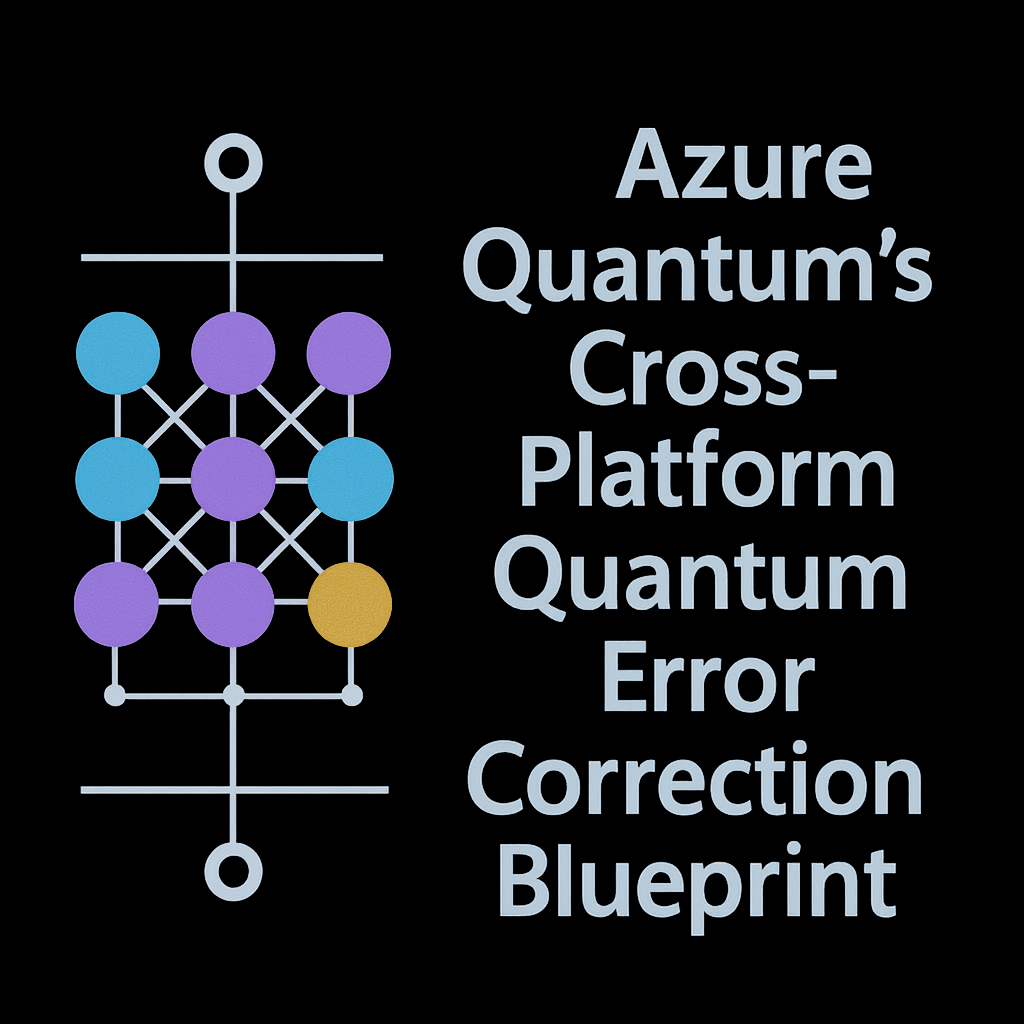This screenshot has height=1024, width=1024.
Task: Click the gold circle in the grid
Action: click(350, 604)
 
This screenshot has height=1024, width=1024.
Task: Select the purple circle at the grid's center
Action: click(233, 479)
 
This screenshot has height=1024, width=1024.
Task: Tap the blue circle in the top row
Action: click(118, 353)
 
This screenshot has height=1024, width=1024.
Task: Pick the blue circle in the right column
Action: click(350, 479)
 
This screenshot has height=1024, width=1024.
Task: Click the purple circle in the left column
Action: click(117, 604)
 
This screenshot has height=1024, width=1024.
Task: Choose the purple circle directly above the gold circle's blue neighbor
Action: click(349, 353)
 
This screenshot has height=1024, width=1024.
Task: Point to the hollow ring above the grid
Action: click(233, 163)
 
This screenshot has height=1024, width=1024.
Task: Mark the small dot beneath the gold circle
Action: click(351, 694)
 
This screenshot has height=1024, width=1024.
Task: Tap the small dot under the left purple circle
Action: click(116, 694)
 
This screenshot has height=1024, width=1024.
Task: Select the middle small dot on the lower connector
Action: click(233, 694)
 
